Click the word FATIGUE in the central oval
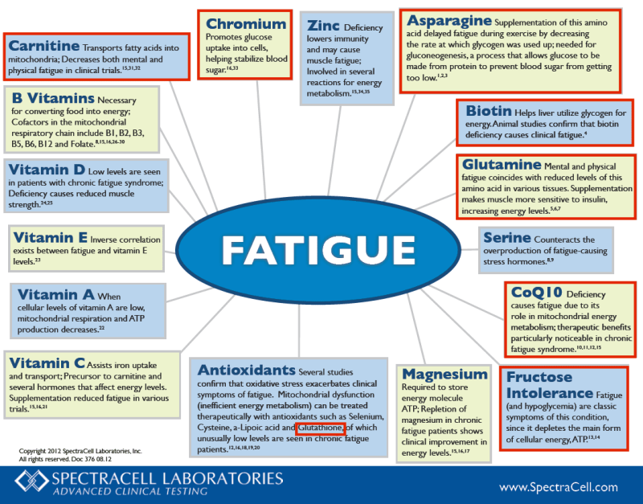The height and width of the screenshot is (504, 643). [x=318, y=250]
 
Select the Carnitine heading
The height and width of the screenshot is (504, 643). [x=44, y=46]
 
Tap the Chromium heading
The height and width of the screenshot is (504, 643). [x=246, y=24]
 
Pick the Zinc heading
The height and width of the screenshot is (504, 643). [x=323, y=26]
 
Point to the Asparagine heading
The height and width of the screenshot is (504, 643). [x=449, y=20]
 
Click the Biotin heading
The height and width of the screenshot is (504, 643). [x=489, y=111]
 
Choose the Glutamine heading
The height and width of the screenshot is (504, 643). [x=502, y=165]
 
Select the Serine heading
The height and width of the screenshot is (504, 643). [x=507, y=237]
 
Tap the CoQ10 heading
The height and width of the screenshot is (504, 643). [x=536, y=293]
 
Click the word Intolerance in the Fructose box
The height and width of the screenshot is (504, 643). [x=550, y=393]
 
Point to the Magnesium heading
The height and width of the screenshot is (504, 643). [x=444, y=374]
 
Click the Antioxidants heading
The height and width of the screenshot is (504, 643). [x=246, y=370]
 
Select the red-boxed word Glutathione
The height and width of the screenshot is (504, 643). [x=320, y=428]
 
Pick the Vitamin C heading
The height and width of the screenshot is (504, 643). [x=47, y=363]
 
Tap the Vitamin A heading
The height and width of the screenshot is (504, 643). [x=55, y=294]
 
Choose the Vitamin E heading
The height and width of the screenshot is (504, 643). [x=50, y=237]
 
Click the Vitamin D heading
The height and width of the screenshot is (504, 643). [x=47, y=170]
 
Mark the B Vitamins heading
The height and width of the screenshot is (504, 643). [x=53, y=98]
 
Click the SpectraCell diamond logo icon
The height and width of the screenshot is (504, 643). [x=32, y=481]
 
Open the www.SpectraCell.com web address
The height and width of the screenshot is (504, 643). [x=559, y=487]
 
